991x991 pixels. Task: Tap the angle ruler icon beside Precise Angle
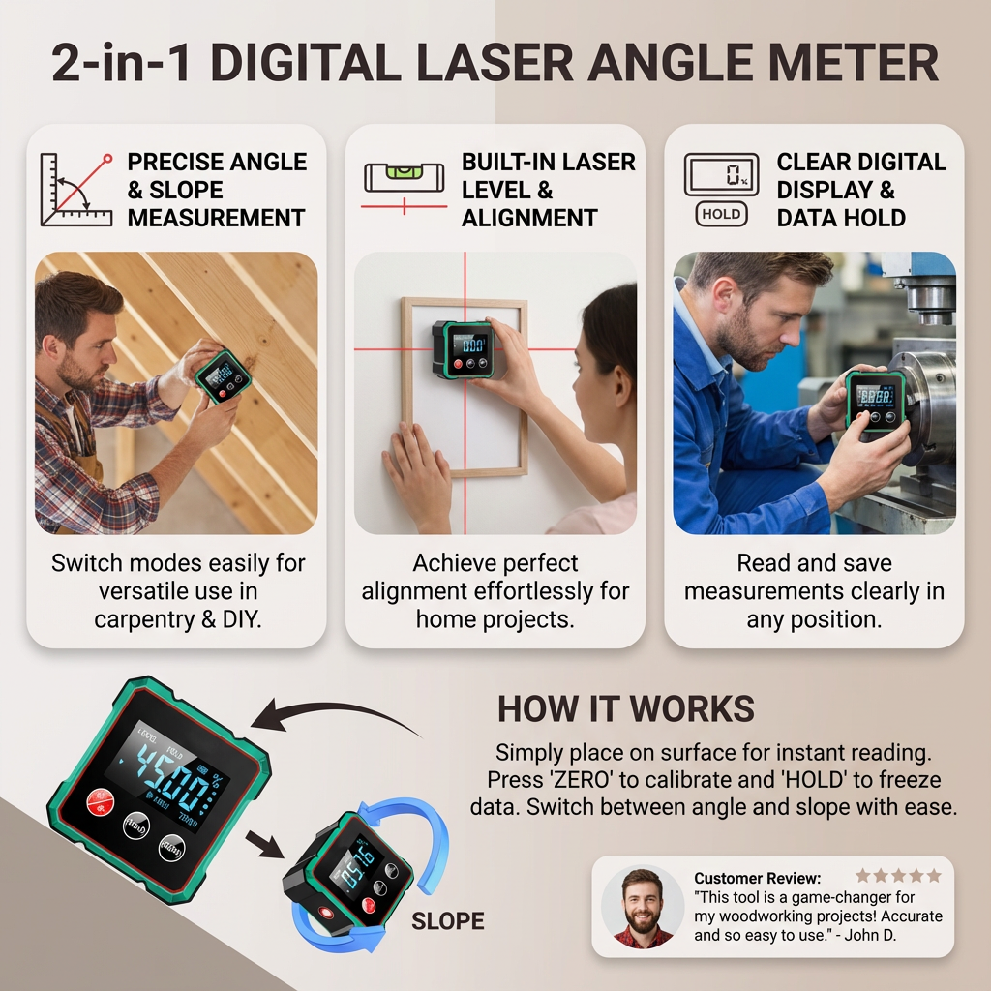click(75, 190)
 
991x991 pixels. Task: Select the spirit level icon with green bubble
click(404, 178)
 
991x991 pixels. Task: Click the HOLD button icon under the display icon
click(720, 214)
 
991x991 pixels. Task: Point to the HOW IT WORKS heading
click(625, 708)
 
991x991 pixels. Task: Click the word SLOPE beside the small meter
click(448, 920)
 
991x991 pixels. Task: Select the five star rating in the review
click(898, 876)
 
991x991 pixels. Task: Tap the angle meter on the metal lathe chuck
click(875, 400)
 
